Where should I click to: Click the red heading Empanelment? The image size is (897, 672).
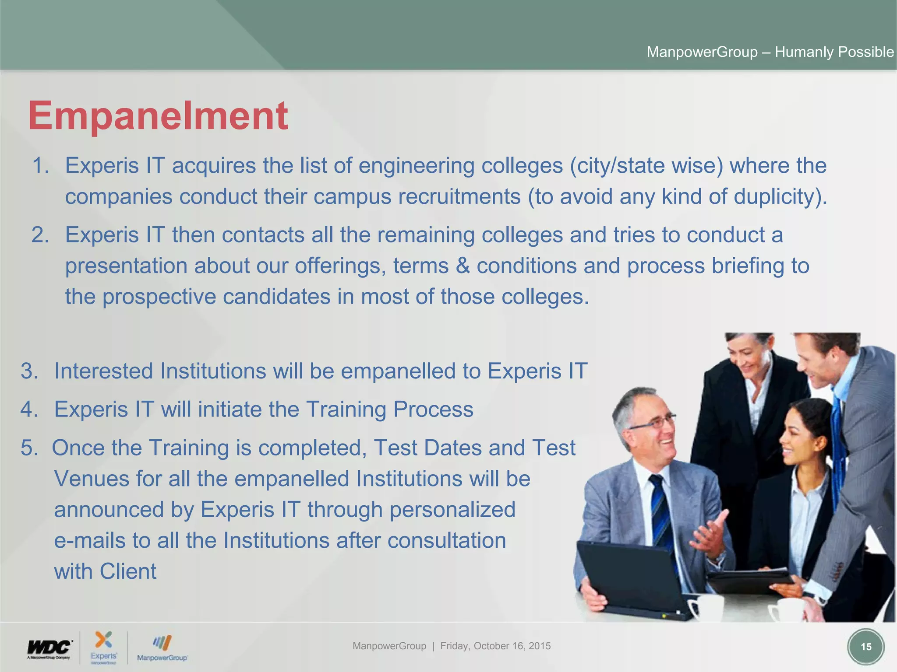(158, 115)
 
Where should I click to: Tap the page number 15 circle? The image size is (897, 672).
(865, 647)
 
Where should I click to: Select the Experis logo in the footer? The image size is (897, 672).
(104, 647)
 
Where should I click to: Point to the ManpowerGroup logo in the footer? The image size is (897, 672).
(162, 648)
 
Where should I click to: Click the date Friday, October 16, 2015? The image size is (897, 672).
(495, 646)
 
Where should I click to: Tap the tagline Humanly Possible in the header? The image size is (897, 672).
(834, 52)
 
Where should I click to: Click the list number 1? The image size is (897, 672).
(40, 166)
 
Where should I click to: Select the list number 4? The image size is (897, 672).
(29, 409)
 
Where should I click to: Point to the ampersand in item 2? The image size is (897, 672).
(463, 266)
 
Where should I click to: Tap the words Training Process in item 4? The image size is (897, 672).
(389, 409)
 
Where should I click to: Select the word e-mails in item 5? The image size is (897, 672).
(90, 540)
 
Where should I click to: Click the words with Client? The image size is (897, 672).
(105, 571)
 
